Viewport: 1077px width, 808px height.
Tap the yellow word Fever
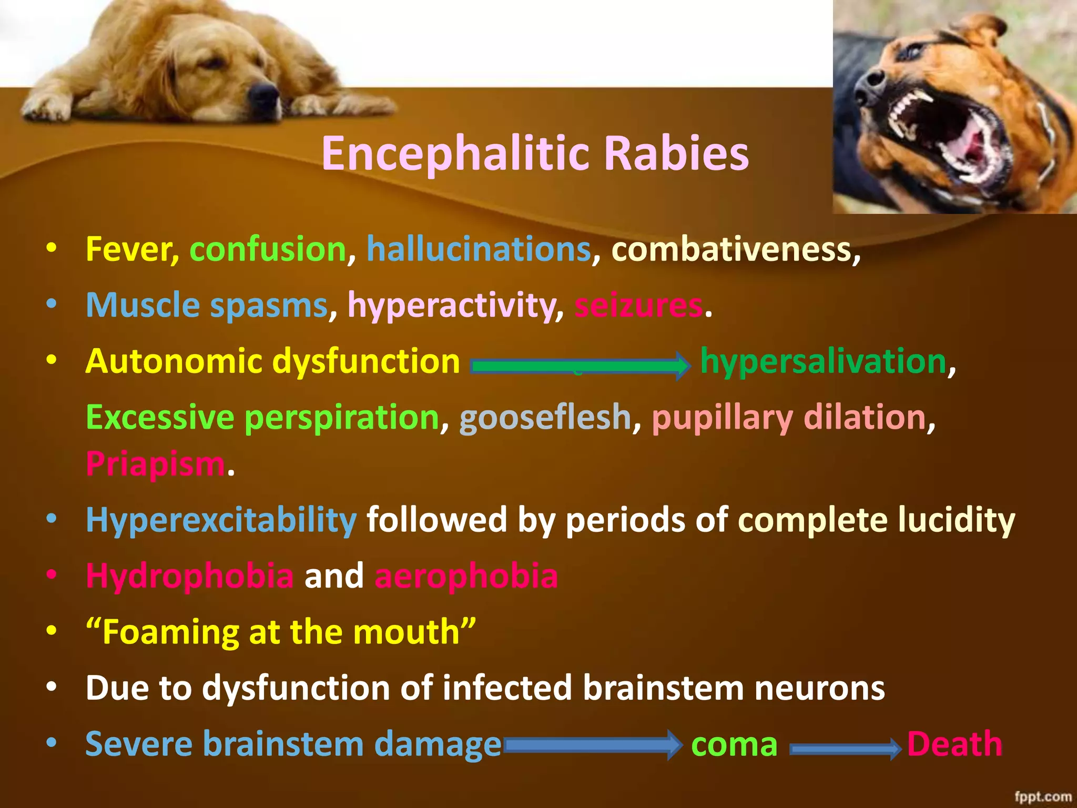click(x=131, y=249)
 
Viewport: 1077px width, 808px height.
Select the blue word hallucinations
click(x=479, y=249)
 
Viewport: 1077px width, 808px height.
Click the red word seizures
click(x=638, y=306)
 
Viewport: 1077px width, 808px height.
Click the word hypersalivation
click(x=823, y=362)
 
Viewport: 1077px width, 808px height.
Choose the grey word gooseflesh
click(x=545, y=418)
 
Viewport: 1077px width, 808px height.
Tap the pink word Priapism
click(x=156, y=464)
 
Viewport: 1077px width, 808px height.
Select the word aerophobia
click(x=466, y=576)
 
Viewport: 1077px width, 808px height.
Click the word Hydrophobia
click(x=189, y=576)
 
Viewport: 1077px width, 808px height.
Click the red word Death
click(x=954, y=745)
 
